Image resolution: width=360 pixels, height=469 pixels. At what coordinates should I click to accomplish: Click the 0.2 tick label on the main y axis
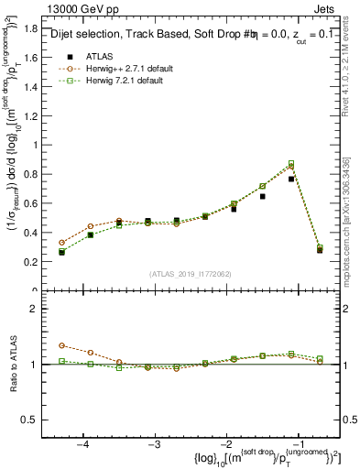tap(37, 261)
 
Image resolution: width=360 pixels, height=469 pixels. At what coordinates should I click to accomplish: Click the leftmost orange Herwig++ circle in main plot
tap(62, 243)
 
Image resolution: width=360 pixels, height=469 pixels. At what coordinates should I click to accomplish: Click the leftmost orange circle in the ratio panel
tap(62, 345)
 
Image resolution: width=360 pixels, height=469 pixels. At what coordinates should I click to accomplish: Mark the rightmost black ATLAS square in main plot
tap(320, 250)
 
